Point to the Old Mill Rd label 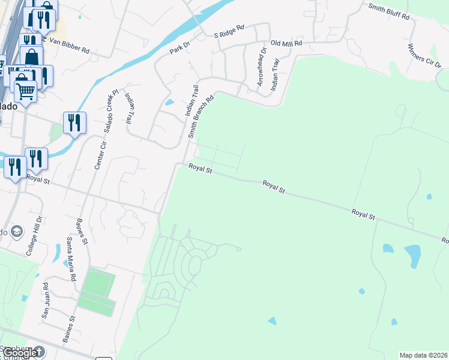286,44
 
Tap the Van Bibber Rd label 69,46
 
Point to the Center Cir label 100,153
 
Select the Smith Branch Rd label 201,118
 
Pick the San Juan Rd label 45,301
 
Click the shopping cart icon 25,91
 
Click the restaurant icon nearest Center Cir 74,122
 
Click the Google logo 22,352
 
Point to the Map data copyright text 424,355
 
